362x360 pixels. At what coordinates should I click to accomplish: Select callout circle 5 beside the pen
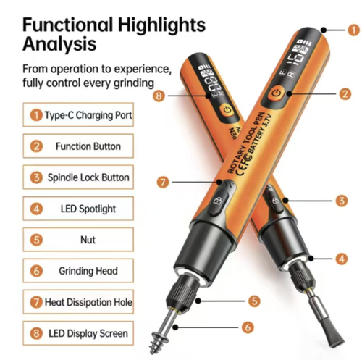pyautogui.click(x=253, y=299)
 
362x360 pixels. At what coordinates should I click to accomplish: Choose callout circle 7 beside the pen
pyautogui.click(x=164, y=181)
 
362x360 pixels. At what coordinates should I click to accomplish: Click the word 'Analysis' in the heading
pyautogui.click(x=59, y=43)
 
